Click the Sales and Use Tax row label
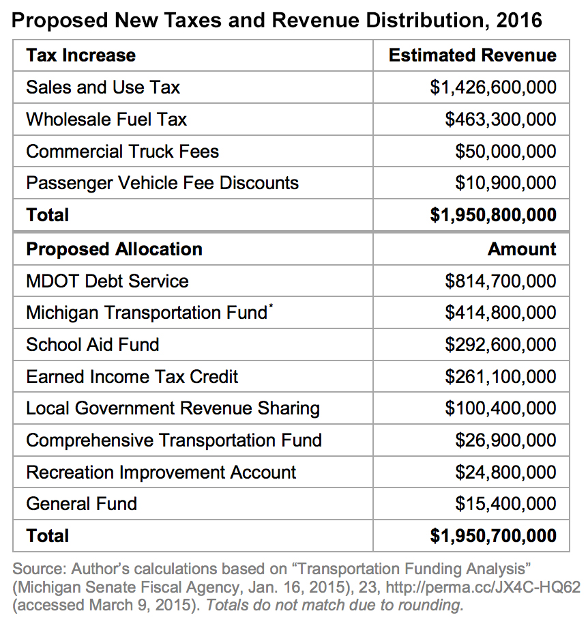point(103,87)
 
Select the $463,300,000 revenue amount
point(500,119)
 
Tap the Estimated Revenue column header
point(472,55)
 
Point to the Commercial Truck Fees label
point(122,152)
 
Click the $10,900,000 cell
point(505,183)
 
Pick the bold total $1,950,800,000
point(493,215)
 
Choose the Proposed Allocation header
point(114,249)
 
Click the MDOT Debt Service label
point(107,281)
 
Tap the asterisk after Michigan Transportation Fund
point(270,308)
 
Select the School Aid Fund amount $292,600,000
point(500,345)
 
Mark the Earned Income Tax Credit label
point(132,377)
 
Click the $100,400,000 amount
point(500,408)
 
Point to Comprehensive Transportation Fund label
point(174,440)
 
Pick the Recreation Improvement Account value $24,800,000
point(505,472)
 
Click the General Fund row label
point(81,504)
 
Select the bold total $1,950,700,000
point(493,536)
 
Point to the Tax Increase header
point(80,55)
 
